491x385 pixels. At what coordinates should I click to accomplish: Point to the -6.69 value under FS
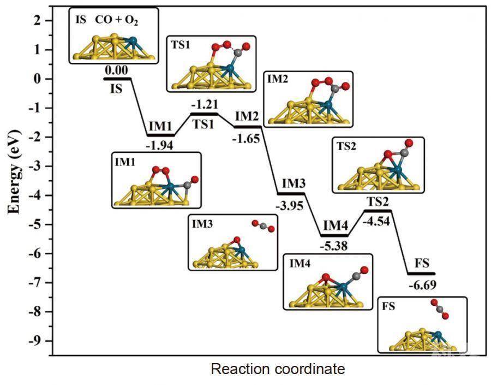421,285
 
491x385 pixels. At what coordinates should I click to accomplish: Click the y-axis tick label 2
37,21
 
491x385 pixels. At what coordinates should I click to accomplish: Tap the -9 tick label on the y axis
34,341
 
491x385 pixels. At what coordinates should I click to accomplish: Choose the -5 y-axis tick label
34,224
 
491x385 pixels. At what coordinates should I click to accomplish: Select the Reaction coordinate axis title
278,369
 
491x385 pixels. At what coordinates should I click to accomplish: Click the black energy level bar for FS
421,273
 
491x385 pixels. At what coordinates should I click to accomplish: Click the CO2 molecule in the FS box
439,309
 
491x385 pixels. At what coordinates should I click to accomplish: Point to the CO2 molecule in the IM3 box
263,226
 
